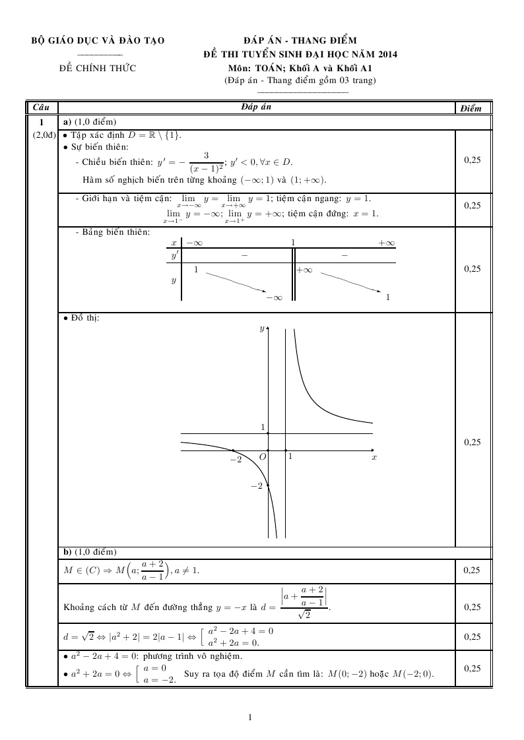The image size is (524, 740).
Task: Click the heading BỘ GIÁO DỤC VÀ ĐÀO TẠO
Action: [x=98, y=41]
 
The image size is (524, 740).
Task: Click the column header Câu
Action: [x=42, y=107]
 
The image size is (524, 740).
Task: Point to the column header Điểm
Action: [x=472, y=108]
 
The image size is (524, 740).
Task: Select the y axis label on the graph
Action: [x=262, y=328]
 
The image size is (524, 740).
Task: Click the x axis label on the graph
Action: [x=374, y=456]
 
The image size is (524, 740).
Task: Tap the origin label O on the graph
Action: [x=262, y=456]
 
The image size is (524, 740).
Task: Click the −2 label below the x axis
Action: [x=235, y=458]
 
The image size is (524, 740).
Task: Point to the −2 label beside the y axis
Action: [x=257, y=486]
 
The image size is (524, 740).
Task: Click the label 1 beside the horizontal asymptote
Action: [x=262, y=427]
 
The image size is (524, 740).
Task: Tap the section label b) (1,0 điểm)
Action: [x=89, y=551]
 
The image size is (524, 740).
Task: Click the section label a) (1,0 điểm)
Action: [x=89, y=122]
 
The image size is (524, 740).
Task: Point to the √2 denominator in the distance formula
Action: [x=304, y=615]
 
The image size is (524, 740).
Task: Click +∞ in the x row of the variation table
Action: [x=386, y=243]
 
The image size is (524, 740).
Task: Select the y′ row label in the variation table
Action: [x=175, y=255]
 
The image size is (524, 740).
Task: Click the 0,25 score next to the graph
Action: [x=472, y=443]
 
